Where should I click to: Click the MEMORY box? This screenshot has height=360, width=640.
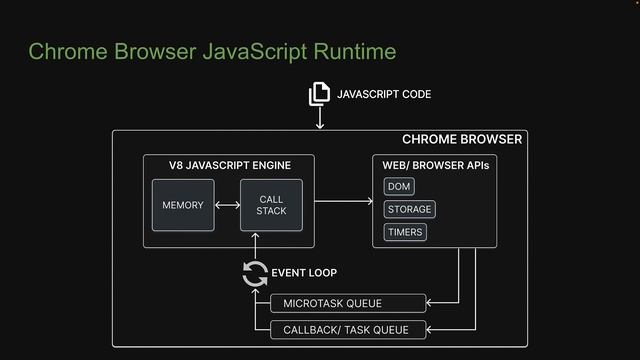pos(183,205)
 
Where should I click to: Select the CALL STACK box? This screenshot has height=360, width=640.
pos(271,205)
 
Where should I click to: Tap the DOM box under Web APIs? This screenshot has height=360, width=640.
pos(399,187)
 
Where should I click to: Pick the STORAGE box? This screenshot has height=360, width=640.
pos(409,209)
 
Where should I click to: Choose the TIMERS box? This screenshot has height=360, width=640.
pos(405,232)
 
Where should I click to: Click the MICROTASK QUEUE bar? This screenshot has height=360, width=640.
pos(347,303)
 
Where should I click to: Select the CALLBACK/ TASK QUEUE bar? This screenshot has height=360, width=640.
pos(347,329)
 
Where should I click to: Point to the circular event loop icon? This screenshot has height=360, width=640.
pos(255,273)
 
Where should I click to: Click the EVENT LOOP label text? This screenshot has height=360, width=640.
pos(304,273)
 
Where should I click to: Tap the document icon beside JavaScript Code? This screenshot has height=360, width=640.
pos(319,94)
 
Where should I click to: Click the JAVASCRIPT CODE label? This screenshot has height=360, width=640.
pos(384,95)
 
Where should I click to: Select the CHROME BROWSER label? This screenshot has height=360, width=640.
pos(461,140)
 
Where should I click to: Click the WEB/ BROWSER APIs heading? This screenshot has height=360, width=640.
pos(436,165)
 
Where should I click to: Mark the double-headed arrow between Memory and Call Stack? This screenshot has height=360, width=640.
pos(227,205)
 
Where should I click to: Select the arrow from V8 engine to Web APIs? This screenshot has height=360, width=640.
pos(343,202)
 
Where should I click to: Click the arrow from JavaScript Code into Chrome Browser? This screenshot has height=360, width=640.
pos(320,118)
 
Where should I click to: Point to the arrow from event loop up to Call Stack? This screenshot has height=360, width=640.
pos(256,245)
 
